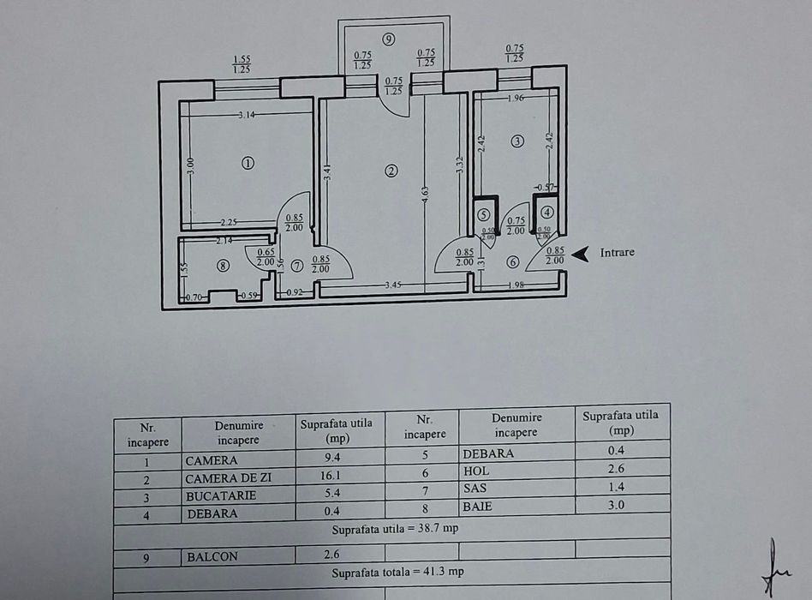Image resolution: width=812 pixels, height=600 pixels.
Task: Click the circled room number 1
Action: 248,163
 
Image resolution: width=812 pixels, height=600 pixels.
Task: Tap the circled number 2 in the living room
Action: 391,171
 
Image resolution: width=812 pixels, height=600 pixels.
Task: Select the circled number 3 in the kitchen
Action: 516,141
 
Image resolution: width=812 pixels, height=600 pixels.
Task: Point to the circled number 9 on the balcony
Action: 389,39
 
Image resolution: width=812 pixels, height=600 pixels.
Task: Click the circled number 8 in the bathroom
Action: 223,266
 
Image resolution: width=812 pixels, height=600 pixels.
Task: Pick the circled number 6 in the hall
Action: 512,262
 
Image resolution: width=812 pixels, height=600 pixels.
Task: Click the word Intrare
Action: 617,253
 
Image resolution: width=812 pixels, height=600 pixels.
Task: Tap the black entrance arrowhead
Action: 581,253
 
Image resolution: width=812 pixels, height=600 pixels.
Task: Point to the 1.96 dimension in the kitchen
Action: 515,98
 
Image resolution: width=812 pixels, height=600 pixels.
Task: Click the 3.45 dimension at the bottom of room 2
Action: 394,284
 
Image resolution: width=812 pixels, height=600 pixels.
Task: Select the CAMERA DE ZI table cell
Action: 228,478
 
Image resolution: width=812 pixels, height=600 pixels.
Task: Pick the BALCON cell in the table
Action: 212,556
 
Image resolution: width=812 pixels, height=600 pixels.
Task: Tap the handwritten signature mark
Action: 773,568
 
